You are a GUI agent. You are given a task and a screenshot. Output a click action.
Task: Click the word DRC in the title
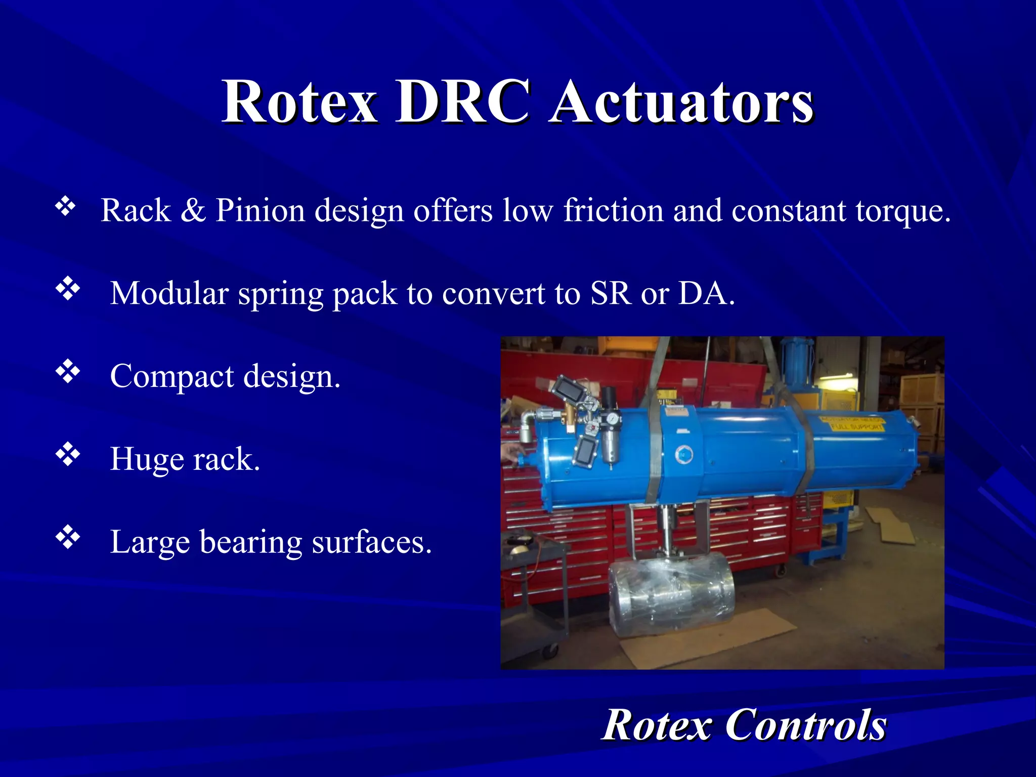(462, 103)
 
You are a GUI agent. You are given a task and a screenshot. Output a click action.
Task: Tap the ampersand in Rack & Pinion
(193, 210)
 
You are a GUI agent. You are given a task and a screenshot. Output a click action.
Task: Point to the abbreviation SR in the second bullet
(611, 293)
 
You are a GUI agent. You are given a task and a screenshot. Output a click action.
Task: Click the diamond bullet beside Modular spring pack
(68, 289)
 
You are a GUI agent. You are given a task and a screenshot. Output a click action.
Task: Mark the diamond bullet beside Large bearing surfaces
(68, 538)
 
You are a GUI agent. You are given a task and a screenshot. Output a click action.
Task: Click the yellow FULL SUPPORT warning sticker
(853, 424)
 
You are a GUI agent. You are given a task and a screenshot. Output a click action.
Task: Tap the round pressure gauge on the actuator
(613, 419)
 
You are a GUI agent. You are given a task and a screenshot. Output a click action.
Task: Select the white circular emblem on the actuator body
(684, 454)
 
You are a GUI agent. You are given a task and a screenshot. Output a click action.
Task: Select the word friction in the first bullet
(613, 210)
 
